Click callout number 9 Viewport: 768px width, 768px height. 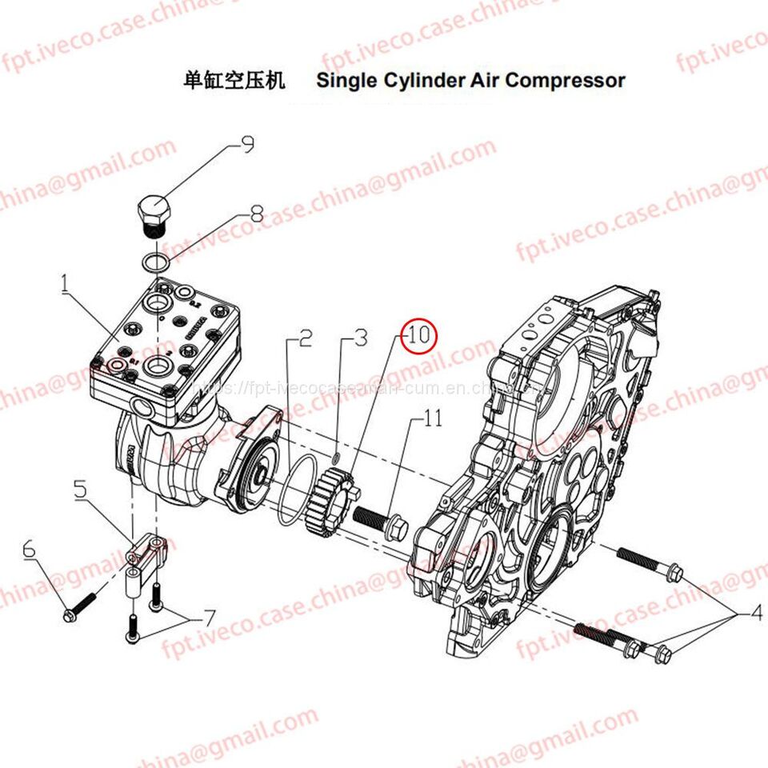pos(247,145)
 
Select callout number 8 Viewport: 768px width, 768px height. pos(256,214)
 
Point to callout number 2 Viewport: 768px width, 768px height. pos(305,339)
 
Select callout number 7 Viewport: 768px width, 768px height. pos(209,618)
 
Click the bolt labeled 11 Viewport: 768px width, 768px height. pos(380,522)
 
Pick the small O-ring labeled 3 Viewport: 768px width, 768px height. pos(337,458)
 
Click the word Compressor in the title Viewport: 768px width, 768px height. pos(565,80)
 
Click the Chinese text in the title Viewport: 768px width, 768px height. pos(234,80)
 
